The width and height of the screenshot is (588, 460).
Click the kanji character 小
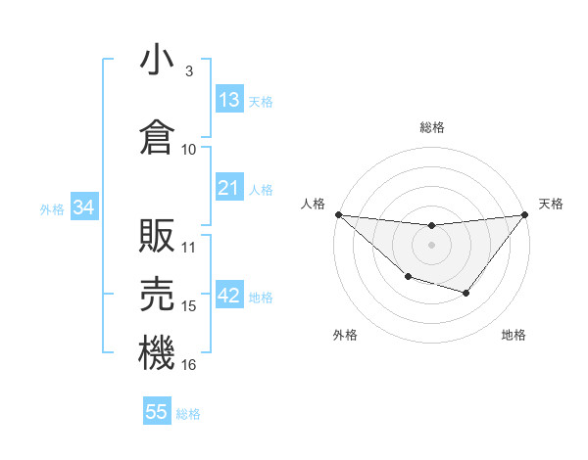pyautogui.click(x=157, y=61)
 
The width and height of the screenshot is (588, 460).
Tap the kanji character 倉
pyautogui.click(x=157, y=137)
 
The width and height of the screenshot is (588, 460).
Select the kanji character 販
pyautogui.click(x=157, y=235)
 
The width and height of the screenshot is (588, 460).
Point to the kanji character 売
pyautogui.click(x=157, y=294)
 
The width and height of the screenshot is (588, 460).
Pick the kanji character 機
pyautogui.click(x=157, y=352)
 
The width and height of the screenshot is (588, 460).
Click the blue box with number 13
pyautogui.click(x=229, y=100)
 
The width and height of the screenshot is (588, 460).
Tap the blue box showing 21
pyautogui.click(x=229, y=188)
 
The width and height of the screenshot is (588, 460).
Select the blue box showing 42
pyautogui.click(x=229, y=297)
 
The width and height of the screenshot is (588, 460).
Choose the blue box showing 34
pyautogui.click(x=84, y=207)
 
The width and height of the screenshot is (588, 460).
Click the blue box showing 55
pyautogui.click(x=157, y=412)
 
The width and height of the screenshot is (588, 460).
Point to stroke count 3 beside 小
pyautogui.click(x=188, y=71)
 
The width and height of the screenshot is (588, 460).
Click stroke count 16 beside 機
pyautogui.click(x=189, y=365)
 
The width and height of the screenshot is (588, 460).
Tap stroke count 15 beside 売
pyautogui.click(x=189, y=306)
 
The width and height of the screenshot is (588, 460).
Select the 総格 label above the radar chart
pyautogui.click(x=431, y=127)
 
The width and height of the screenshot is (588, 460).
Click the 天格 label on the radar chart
pyautogui.click(x=551, y=204)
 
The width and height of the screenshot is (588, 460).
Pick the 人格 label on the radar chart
pyautogui.click(x=313, y=204)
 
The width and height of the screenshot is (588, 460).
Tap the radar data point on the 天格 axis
pyautogui.click(x=524, y=214)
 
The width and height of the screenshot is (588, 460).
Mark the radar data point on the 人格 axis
pyautogui.click(x=338, y=214)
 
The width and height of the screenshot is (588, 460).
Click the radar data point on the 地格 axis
pyautogui.click(x=466, y=293)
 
